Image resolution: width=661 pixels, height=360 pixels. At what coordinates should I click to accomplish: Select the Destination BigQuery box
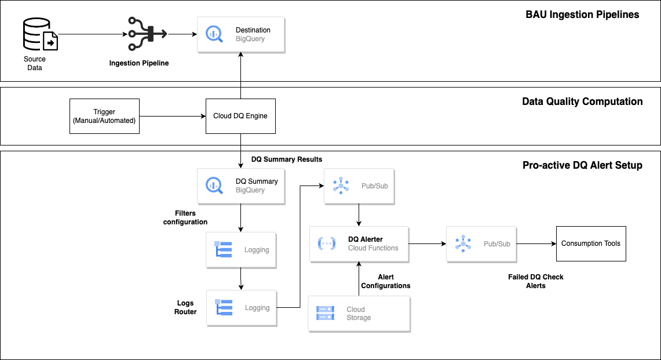tap(241, 34)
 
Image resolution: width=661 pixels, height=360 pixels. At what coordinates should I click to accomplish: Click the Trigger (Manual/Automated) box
tap(104, 116)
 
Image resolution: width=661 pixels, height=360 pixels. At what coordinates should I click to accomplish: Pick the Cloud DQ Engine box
tap(240, 116)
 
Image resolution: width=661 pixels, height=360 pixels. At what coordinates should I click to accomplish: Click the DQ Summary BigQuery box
tap(241, 186)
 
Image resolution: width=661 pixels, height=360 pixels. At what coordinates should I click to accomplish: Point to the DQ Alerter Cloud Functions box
tap(359, 243)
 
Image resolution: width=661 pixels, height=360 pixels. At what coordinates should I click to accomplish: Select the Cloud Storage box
tap(359, 314)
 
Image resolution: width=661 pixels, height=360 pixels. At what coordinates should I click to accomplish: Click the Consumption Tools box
tap(590, 243)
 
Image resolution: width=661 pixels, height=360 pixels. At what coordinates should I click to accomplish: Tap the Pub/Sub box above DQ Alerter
tap(359, 186)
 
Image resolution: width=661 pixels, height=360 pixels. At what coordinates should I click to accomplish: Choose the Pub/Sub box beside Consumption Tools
tap(481, 243)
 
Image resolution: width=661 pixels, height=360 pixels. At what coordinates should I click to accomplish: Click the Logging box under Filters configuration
tap(241, 249)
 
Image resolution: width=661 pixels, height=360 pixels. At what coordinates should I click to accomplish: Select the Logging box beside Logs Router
tap(241, 307)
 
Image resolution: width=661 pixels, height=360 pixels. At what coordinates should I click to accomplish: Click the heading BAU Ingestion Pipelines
tap(578, 14)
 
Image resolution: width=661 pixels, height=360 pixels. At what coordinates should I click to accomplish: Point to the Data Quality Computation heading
tap(582, 101)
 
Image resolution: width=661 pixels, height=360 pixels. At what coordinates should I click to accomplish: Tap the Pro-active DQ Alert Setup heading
tap(582, 165)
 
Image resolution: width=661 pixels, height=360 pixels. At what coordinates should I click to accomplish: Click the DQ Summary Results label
tap(287, 159)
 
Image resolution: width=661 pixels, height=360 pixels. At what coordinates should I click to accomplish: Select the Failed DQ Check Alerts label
tap(536, 281)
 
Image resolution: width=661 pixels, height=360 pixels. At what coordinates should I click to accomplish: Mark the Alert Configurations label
tap(386, 281)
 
